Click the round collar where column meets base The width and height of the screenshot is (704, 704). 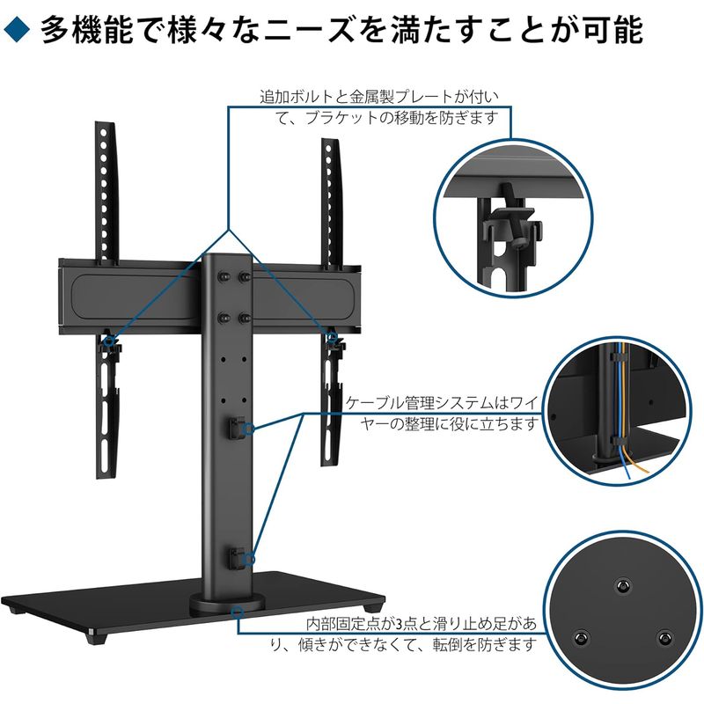pos(224,606)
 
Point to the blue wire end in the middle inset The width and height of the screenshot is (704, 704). pos(627,476)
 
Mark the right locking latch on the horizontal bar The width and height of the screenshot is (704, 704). pos(333,338)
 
